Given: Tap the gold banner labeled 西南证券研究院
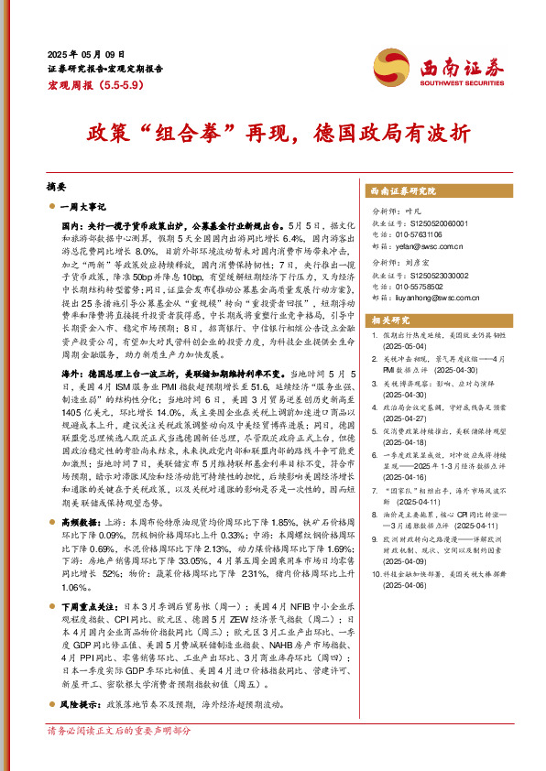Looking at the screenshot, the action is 402,190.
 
